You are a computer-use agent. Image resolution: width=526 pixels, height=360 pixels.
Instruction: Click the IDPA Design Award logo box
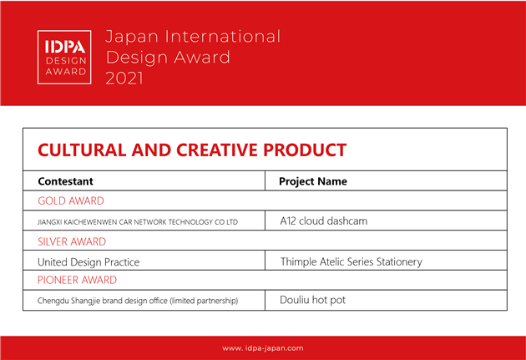point(64,57)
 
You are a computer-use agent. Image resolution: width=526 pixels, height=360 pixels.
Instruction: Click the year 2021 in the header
point(124,79)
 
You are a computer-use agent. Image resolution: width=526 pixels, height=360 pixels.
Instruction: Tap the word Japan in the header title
point(132,37)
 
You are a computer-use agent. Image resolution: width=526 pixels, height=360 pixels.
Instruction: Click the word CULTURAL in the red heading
point(82,150)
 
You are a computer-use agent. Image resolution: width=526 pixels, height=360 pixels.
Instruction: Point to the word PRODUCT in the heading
point(305,150)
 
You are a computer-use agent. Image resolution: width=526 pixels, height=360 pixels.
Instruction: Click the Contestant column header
point(65,181)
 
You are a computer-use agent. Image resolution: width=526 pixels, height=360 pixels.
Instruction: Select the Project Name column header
point(313,181)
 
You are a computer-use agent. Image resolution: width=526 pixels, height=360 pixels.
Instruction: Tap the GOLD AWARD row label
point(71,200)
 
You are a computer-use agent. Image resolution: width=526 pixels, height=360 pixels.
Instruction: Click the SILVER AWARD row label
point(72,241)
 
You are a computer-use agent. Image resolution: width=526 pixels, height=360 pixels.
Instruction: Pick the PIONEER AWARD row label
point(77,280)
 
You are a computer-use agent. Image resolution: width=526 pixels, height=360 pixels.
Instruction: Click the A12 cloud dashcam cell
point(324,221)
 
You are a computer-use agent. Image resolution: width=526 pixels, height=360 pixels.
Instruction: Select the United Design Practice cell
point(89,262)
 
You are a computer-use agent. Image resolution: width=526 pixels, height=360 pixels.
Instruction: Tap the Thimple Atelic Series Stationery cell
point(352,261)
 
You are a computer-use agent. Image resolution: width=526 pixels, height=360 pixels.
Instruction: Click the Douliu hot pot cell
point(312,300)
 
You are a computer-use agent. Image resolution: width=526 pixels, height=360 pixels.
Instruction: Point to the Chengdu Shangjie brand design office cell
point(138,301)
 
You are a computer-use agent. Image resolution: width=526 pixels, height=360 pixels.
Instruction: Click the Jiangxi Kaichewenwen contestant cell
point(138,222)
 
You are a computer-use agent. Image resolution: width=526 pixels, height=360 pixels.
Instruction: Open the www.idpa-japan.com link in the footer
point(263,348)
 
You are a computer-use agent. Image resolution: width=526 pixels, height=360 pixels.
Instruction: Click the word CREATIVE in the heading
point(217,150)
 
